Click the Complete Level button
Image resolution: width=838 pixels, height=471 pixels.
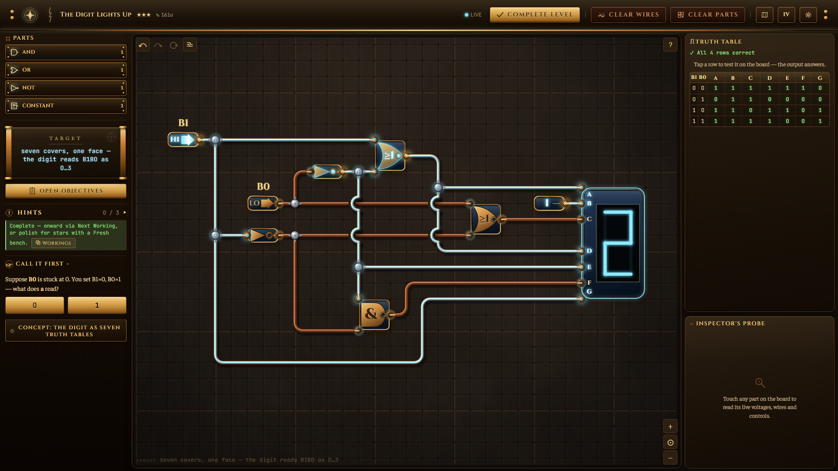coord(535,14)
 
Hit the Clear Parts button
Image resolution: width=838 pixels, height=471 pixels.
coord(707,14)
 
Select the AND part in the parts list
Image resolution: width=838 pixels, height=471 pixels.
coord(66,52)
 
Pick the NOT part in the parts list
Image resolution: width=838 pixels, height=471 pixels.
coord(66,88)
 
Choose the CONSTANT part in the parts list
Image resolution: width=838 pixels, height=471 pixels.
coord(66,106)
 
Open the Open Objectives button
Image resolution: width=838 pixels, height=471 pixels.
coord(66,191)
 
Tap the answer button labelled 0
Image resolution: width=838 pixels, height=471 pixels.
coord(34,305)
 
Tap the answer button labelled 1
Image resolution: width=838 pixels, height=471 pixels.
coord(97,305)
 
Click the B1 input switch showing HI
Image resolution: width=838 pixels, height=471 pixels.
coord(183,140)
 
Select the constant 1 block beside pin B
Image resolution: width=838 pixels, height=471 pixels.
coord(549,203)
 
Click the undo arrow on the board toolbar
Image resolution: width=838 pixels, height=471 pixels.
coord(143,45)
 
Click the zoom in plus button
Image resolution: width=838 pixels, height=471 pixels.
coord(670,427)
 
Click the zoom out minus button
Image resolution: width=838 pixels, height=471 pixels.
coord(670,457)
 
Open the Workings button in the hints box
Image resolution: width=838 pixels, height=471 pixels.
coord(53,243)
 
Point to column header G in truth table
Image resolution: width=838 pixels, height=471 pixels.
coord(820,78)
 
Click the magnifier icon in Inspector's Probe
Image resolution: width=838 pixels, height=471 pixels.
coord(760,383)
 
